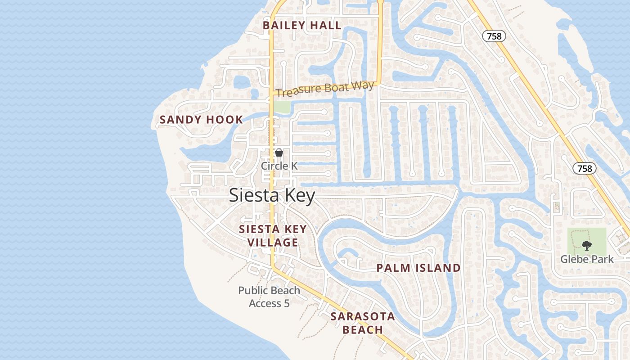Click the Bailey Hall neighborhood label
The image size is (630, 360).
302,26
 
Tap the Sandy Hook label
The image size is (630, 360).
201,120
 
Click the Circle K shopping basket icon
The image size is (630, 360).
279,153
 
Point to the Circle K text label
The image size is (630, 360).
279,166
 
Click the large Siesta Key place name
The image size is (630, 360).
272,196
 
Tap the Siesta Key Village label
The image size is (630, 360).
273,236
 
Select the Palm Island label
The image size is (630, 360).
418,268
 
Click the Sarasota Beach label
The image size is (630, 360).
363,323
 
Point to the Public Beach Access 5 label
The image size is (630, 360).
269,297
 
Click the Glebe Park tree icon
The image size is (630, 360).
586,246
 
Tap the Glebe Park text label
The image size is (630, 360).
587,259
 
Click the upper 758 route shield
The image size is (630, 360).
494,36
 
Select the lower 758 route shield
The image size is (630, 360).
585,168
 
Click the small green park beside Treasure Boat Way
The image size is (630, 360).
282,107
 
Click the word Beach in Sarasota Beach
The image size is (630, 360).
363,330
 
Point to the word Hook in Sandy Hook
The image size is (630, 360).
224,120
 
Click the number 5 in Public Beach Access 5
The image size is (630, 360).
286,304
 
